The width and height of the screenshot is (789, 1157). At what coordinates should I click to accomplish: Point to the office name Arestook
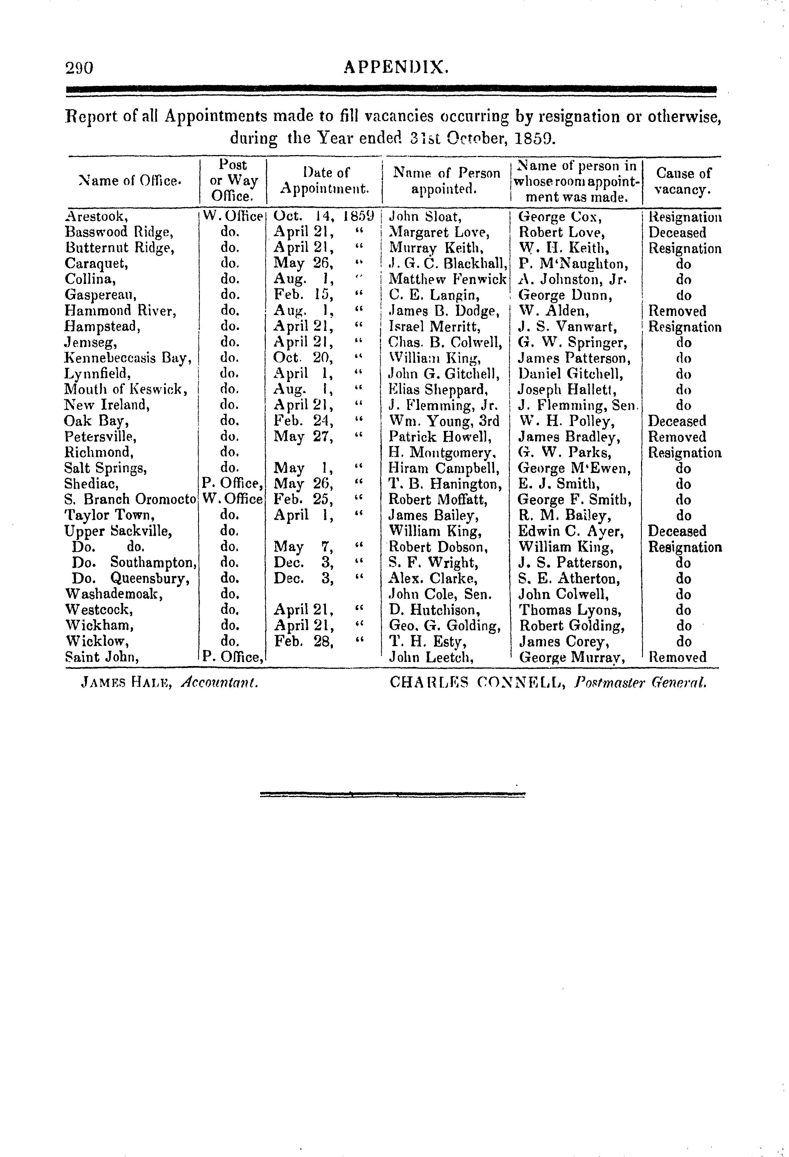click(97, 217)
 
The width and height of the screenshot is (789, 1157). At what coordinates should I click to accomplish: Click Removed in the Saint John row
click(677, 658)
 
